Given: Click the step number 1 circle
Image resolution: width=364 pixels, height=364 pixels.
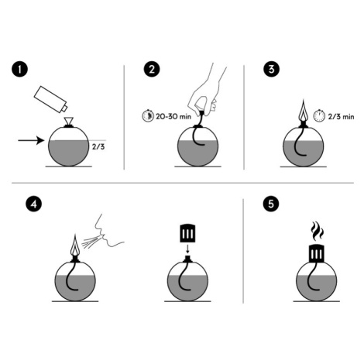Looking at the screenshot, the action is [19, 70].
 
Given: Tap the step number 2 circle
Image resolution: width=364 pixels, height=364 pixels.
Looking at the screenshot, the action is [152, 70].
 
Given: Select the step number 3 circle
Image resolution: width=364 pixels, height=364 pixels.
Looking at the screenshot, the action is [271, 69].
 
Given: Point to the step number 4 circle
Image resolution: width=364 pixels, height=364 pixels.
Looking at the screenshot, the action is [33, 204].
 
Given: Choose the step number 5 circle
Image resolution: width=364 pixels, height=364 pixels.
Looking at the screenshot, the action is [271, 204].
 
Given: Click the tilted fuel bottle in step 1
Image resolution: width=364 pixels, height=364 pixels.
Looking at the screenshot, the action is [50, 99].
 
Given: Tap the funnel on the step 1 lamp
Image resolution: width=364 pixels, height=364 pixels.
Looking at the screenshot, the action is [69, 121].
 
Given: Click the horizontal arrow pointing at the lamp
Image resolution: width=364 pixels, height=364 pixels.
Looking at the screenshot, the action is [31, 140].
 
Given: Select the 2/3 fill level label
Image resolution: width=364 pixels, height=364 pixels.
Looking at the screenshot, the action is [98, 146].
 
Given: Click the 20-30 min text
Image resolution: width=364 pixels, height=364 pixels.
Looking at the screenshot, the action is [173, 116].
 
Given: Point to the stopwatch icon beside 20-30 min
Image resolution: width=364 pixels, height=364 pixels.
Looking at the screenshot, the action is [148, 115].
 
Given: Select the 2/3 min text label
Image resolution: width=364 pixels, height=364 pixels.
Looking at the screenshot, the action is [341, 117].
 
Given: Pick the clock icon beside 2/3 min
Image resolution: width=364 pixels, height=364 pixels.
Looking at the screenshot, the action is [319, 115].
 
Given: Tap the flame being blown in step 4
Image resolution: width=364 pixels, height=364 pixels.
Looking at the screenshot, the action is [75, 246].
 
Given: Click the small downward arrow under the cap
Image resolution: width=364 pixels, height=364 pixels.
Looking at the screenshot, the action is [187, 249].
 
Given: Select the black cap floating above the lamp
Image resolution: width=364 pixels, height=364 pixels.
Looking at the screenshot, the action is [187, 232].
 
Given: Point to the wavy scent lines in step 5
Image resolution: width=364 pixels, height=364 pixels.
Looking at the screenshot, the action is [317, 231].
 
